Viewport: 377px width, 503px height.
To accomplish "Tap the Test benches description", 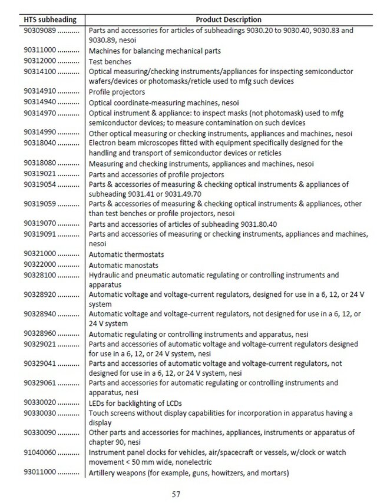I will [110, 61].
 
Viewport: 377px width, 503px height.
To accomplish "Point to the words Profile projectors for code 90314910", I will [117, 92].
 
